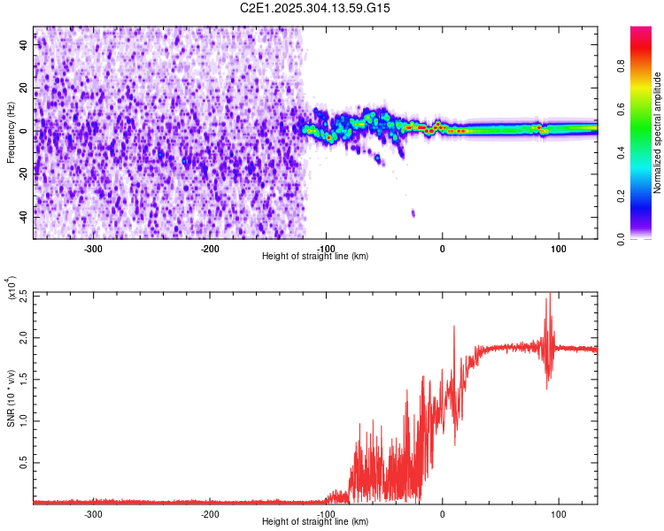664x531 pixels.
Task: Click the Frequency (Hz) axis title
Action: (x=11, y=133)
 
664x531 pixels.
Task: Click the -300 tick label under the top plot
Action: (x=94, y=249)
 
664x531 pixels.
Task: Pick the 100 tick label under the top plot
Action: (x=558, y=249)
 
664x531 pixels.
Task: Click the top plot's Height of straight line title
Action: (x=315, y=257)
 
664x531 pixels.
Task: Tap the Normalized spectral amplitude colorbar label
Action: (x=657, y=133)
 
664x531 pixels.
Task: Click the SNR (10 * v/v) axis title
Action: (x=11, y=398)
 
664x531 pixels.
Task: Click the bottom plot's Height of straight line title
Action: (x=315, y=522)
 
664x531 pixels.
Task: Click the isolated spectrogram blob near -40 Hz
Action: (x=413, y=213)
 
